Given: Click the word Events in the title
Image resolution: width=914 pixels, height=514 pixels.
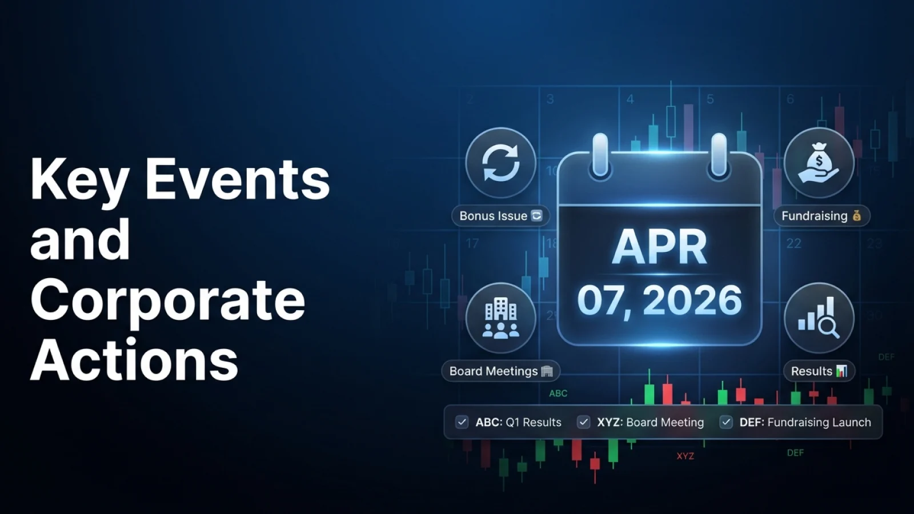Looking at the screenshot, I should [x=237, y=179].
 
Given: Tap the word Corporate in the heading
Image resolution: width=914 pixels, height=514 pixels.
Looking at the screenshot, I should [x=167, y=300].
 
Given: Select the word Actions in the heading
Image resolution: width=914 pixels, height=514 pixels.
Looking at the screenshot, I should [x=134, y=361].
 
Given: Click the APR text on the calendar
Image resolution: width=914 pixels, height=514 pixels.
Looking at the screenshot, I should [x=659, y=247].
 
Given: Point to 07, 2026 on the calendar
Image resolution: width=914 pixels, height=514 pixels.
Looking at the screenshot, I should [x=659, y=300].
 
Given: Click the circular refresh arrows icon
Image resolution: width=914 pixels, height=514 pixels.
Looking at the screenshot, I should [x=500, y=163].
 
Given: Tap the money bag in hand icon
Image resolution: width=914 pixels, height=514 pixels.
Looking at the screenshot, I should [x=819, y=163].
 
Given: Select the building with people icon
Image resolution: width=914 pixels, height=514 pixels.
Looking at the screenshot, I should [x=500, y=318].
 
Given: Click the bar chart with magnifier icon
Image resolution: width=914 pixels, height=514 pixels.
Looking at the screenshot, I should [x=819, y=318].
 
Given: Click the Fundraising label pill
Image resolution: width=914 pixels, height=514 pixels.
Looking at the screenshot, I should [x=821, y=216].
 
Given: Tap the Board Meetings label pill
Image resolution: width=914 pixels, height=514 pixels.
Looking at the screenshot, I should [x=500, y=371].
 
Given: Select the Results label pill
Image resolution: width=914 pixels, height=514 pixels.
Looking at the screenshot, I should [x=819, y=371].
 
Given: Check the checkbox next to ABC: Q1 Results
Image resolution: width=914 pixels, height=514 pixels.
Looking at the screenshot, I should [x=462, y=422].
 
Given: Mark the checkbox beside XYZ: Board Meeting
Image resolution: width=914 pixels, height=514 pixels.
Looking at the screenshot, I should [x=583, y=422].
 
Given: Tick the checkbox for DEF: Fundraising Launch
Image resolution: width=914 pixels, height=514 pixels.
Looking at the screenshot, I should [x=725, y=422].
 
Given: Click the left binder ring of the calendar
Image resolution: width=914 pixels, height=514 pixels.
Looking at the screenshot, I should [x=600, y=155].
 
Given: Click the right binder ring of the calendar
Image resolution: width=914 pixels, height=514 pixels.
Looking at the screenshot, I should [x=719, y=155].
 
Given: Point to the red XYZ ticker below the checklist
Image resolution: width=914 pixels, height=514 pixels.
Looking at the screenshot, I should [x=685, y=456].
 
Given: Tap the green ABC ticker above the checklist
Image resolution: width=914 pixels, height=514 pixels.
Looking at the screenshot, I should [x=558, y=393].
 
